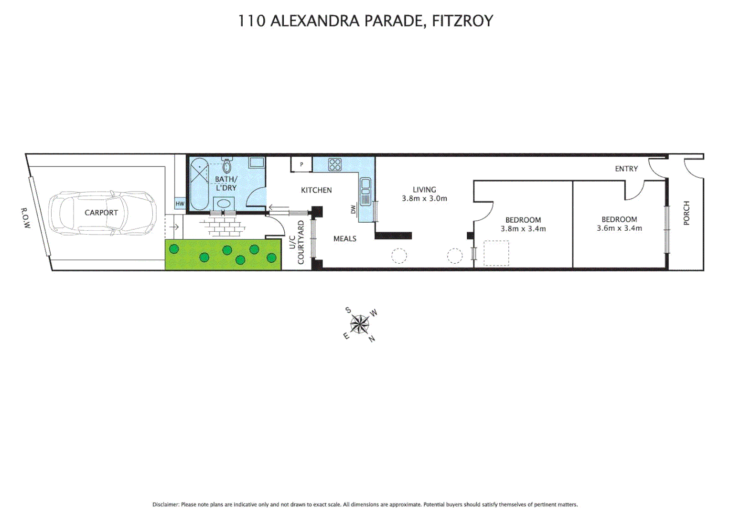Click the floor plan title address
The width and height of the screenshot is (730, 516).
(365, 21)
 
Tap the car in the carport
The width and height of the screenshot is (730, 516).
(102, 213)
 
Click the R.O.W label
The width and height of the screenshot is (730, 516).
(25, 217)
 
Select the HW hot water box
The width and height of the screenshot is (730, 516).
(180, 204)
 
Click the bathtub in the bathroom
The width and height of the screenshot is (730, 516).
(199, 184)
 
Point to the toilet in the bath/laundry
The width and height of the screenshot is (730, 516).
(227, 165)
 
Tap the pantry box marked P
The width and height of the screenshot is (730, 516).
(301, 164)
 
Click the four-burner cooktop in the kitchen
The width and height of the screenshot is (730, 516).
(334, 165)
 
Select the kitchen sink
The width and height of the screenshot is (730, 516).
(365, 191)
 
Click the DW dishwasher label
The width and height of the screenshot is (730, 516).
(354, 209)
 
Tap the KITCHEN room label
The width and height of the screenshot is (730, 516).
(316, 190)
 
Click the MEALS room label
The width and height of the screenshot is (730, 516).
(345, 239)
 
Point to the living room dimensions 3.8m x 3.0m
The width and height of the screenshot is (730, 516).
(424, 199)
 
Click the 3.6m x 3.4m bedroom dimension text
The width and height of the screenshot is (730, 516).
(619, 228)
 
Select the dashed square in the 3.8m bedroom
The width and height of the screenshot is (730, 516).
(496, 253)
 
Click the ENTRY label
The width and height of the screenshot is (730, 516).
(626, 169)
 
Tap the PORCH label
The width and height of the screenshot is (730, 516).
(687, 213)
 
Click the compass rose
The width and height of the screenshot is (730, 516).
(359, 325)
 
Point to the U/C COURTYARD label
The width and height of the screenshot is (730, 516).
(296, 242)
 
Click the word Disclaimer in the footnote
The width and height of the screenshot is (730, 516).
(165, 505)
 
